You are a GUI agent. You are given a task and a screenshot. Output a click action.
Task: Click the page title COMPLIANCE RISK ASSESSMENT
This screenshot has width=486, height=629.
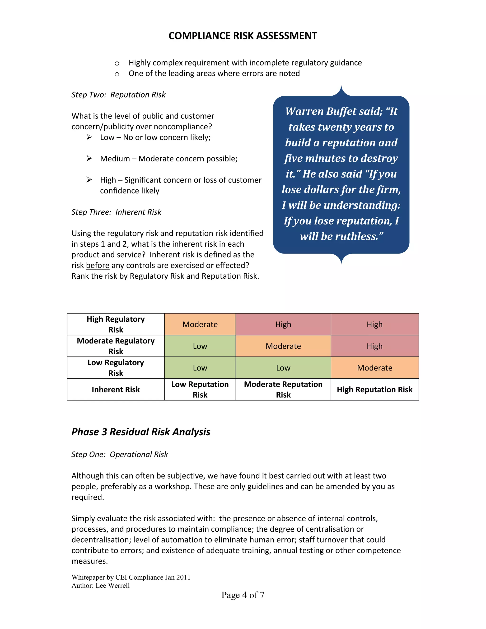pyautogui.click(x=243, y=36)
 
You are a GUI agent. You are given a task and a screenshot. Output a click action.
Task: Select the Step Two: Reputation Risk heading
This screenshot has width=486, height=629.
pyautogui.click(x=118, y=95)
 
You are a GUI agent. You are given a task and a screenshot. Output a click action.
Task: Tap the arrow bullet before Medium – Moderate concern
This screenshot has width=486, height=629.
pyautogui.click(x=89, y=158)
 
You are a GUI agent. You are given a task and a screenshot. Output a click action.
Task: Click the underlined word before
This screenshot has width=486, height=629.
pyautogui.click(x=98, y=265)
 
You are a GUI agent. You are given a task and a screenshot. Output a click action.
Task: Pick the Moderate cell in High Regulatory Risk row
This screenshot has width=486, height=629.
pyautogui.click(x=200, y=324)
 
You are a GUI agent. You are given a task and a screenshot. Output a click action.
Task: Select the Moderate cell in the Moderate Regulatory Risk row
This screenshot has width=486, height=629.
pyautogui.click(x=283, y=346)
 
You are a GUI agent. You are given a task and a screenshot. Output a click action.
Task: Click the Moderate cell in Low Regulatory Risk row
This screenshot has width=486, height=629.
pyautogui.click(x=374, y=368)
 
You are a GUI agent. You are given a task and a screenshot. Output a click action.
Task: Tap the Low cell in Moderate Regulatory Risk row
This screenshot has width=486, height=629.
pyautogui.click(x=200, y=346)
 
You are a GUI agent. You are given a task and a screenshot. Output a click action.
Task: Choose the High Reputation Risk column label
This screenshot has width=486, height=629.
pyautogui.click(x=374, y=389)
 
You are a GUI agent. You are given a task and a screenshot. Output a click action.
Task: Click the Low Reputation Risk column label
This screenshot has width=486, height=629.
pyautogui.click(x=200, y=389)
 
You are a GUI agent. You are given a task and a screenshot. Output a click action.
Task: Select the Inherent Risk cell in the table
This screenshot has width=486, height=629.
pyautogui.click(x=116, y=389)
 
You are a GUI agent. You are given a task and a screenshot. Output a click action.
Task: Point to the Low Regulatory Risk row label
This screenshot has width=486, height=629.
pyautogui.click(x=116, y=368)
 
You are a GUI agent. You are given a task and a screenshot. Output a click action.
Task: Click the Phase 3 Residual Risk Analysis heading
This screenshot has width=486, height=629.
pyautogui.click(x=141, y=432)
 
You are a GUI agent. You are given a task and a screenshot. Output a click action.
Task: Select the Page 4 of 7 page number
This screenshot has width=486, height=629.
pyautogui.click(x=243, y=595)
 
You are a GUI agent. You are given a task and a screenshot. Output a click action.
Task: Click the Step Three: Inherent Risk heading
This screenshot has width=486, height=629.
pyautogui.click(x=116, y=212)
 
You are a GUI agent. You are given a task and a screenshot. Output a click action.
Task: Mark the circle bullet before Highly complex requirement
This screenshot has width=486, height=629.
pyautogui.click(x=117, y=63)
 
